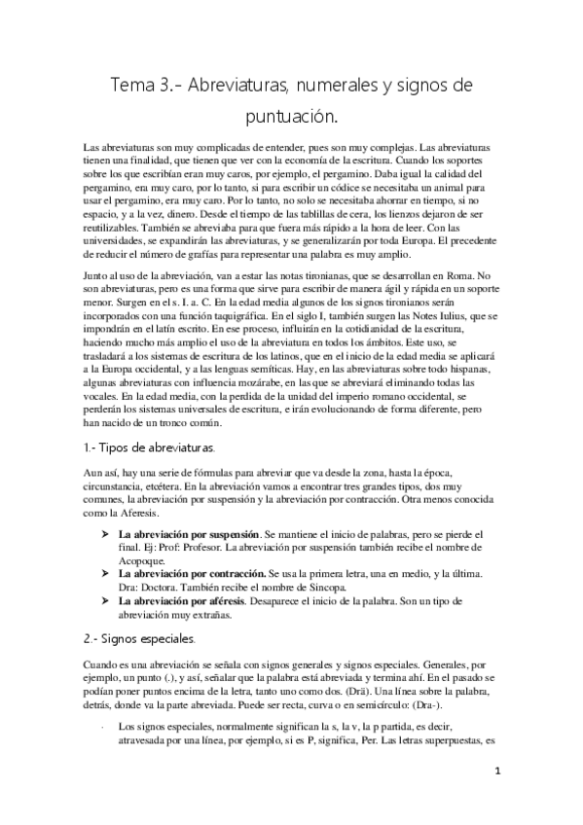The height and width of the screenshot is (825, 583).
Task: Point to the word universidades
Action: point(118,238)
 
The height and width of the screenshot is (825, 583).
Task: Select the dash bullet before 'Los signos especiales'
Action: point(103,725)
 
